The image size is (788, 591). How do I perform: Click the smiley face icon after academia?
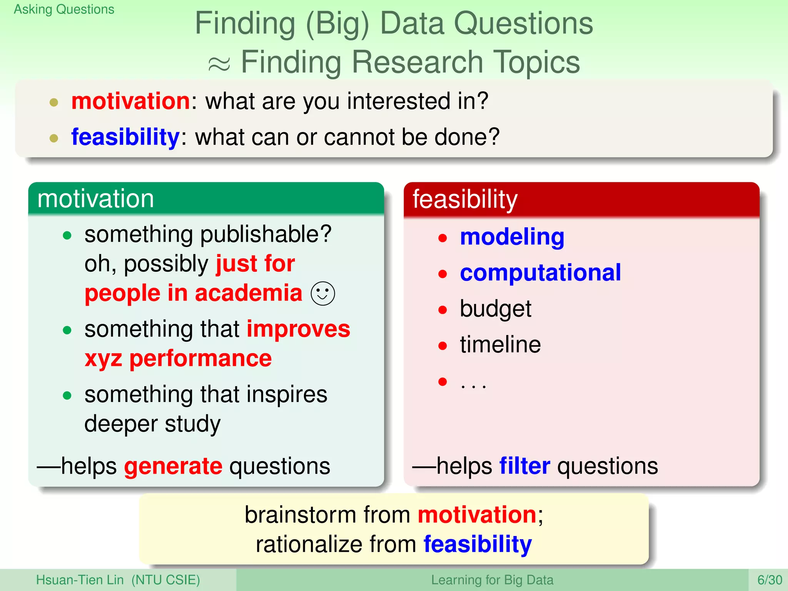point(322,294)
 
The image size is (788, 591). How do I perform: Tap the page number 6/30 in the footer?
point(769,580)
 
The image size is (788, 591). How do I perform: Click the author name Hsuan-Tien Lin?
point(80,580)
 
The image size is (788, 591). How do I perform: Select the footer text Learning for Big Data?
point(492,580)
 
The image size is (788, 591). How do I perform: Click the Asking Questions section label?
point(64,9)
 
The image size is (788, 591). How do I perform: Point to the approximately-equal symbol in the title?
point(219,64)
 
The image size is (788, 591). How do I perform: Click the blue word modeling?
point(512,237)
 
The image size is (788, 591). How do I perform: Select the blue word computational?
point(540,273)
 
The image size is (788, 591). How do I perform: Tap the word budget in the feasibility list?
point(495,309)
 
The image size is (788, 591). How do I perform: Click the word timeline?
point(500,345)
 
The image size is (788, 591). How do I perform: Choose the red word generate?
point(173,466)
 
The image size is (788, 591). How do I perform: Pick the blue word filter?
point(524,466)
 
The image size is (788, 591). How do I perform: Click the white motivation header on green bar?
point(95,199)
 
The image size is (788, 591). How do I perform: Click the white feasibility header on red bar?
point(465,199)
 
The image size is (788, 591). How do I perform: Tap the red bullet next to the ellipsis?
point(442,382)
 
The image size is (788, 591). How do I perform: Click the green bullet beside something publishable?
point(67,235)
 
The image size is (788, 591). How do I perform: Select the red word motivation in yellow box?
point(477,515)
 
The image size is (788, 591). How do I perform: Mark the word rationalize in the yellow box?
point(309,544)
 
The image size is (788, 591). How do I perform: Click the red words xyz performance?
point(178,359)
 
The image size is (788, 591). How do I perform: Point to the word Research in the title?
point(417,62)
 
